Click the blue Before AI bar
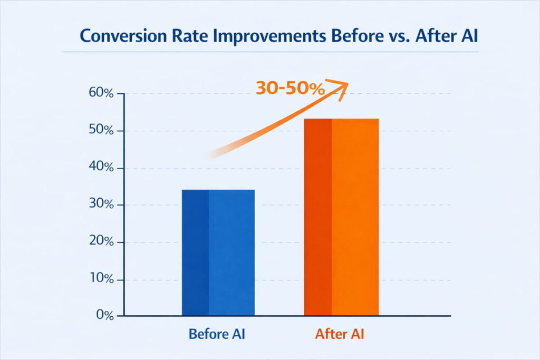tap(218, 252)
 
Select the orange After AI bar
tap(341, 217)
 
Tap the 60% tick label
tap(102, 94)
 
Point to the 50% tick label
tap(102, 131)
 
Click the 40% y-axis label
tap(102, 168)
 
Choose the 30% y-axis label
tap(102, 205)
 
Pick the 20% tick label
tap(102, 242)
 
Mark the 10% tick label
tap(102, 279)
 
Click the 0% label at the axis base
tap(105, 316)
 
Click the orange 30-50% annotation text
tap(290, 89)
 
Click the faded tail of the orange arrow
tap(214, 154)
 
